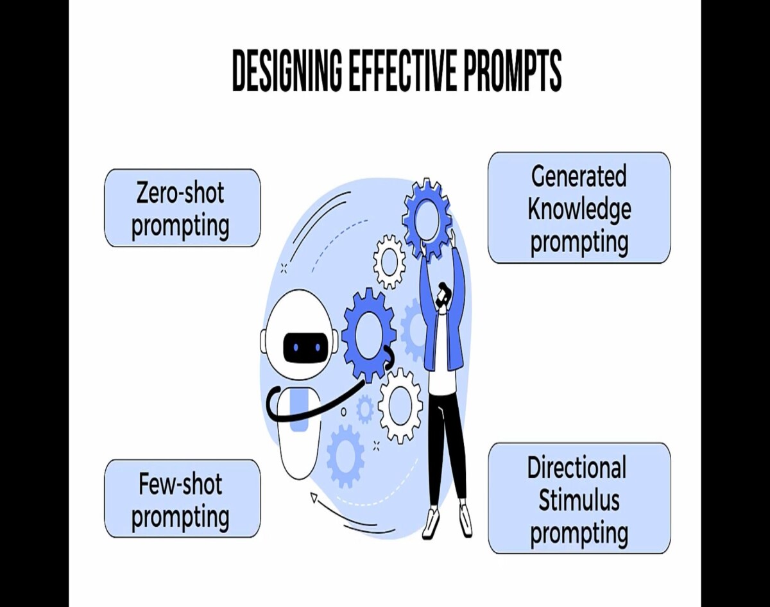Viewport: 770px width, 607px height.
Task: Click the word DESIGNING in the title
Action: coord(287,71)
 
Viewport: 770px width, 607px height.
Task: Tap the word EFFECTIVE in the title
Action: coord(402,71)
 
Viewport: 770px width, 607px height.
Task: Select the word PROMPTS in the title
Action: coord(513,71)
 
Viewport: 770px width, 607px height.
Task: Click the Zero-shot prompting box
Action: coord(182,208)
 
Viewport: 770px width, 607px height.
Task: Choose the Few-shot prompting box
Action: coord(182,499)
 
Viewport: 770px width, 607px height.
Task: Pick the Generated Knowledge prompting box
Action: coord(579,208)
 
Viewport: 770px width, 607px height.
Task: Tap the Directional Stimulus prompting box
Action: coord(579,498)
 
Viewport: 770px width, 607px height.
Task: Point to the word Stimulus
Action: coord(579,500)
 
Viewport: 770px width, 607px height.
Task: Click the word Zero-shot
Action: coord(180,193)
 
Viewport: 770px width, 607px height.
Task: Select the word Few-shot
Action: coord(180,484)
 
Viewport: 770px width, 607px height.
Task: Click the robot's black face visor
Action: coord(305,347)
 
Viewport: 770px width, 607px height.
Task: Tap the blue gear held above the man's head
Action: coord(426,219)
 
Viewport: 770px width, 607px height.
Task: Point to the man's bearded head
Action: coord(443,295)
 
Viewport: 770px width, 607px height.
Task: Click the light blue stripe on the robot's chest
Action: coord(299,411)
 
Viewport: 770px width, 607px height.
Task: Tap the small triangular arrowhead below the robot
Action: coord(314,498)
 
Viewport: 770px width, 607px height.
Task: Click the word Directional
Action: coord(577,468)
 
